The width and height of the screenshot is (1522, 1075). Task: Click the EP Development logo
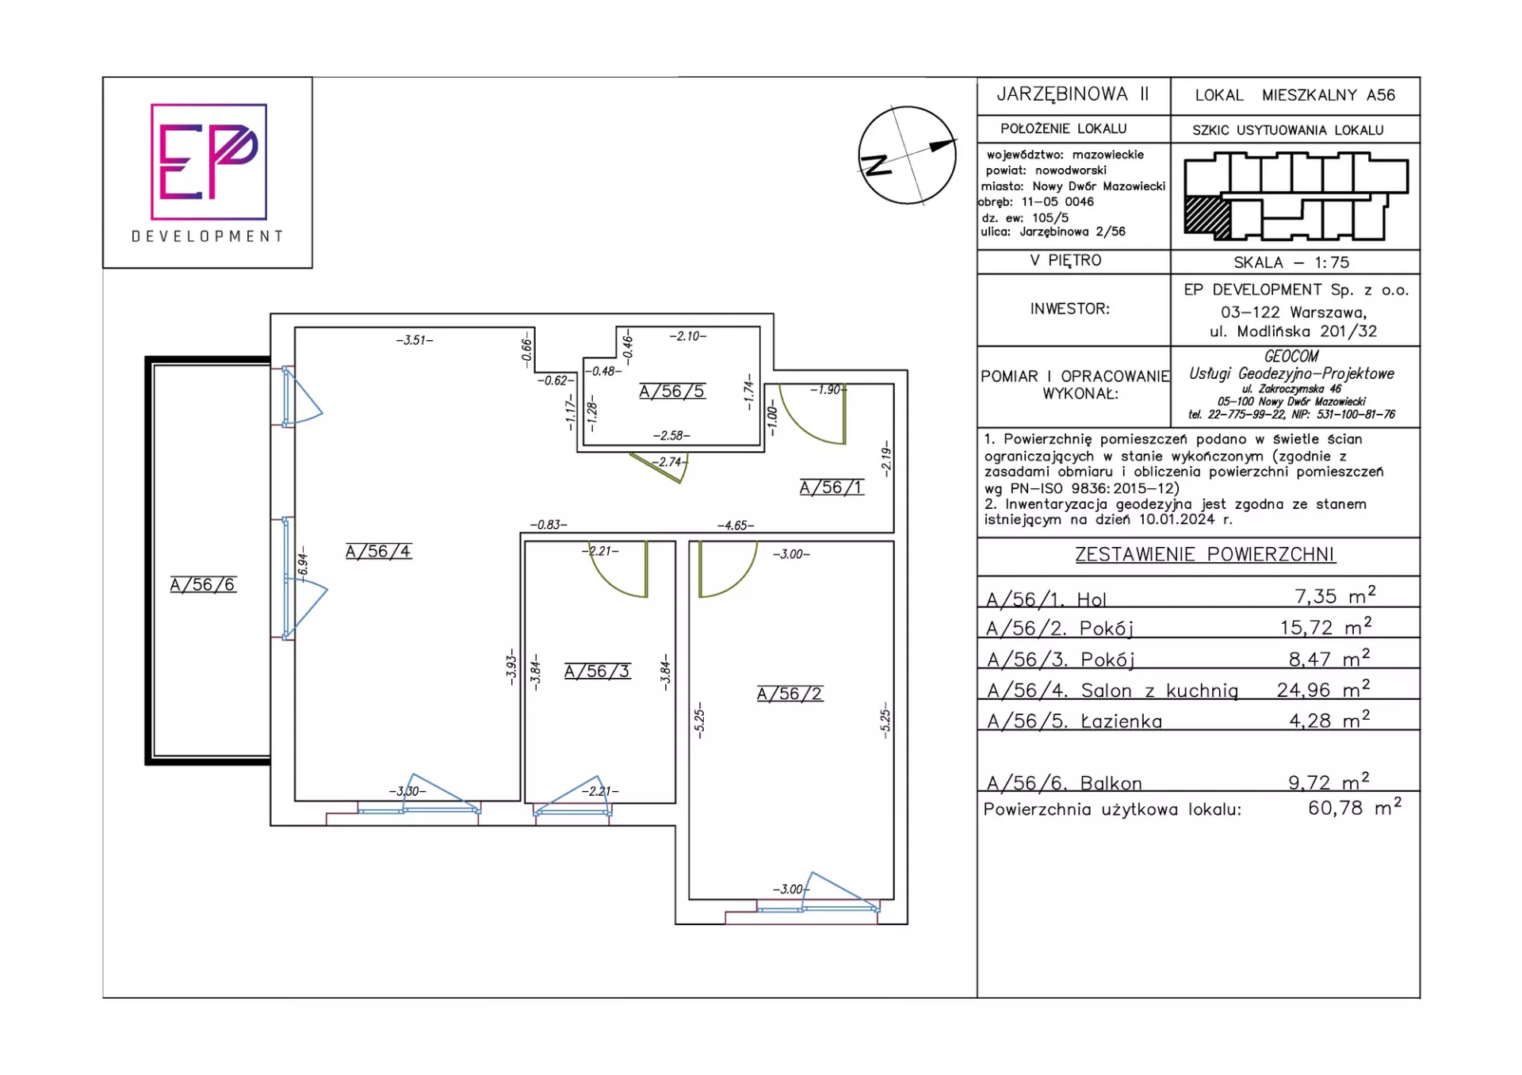tap(208, 173)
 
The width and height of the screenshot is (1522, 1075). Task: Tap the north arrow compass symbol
tap(908, 155)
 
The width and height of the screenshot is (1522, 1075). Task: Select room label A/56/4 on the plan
tap(379, 552)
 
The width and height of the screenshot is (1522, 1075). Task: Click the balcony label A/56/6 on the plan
tap(203, 585)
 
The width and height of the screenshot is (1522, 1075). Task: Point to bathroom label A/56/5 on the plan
tap(672, 392)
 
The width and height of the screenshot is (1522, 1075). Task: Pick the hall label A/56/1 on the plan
tap(832, 488)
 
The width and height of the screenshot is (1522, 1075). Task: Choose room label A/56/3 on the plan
tap(598, 671)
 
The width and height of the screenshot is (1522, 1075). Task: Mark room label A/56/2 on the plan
tap(790, 694)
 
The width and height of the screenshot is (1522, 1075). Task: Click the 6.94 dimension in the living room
tap(303, 564)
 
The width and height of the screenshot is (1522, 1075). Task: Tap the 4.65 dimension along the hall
tap(736, 526)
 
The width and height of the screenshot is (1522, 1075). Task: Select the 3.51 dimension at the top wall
tap(415, 340)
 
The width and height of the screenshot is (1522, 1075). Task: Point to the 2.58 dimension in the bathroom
tap(671, 436)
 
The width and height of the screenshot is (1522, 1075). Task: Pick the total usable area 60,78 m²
tap(1355, 807)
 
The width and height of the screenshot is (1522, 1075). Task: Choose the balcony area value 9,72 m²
tap(1329, 782)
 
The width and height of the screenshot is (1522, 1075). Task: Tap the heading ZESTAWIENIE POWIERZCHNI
tap(1205, 555)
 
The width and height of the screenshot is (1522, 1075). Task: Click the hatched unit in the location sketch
tap(1207, 216)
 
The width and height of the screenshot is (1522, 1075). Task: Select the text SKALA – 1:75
tap(1291, 262)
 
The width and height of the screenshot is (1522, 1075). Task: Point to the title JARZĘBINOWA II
tap(1073, 94)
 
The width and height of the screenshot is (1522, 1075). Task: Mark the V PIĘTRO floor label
tap(1065, 261)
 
